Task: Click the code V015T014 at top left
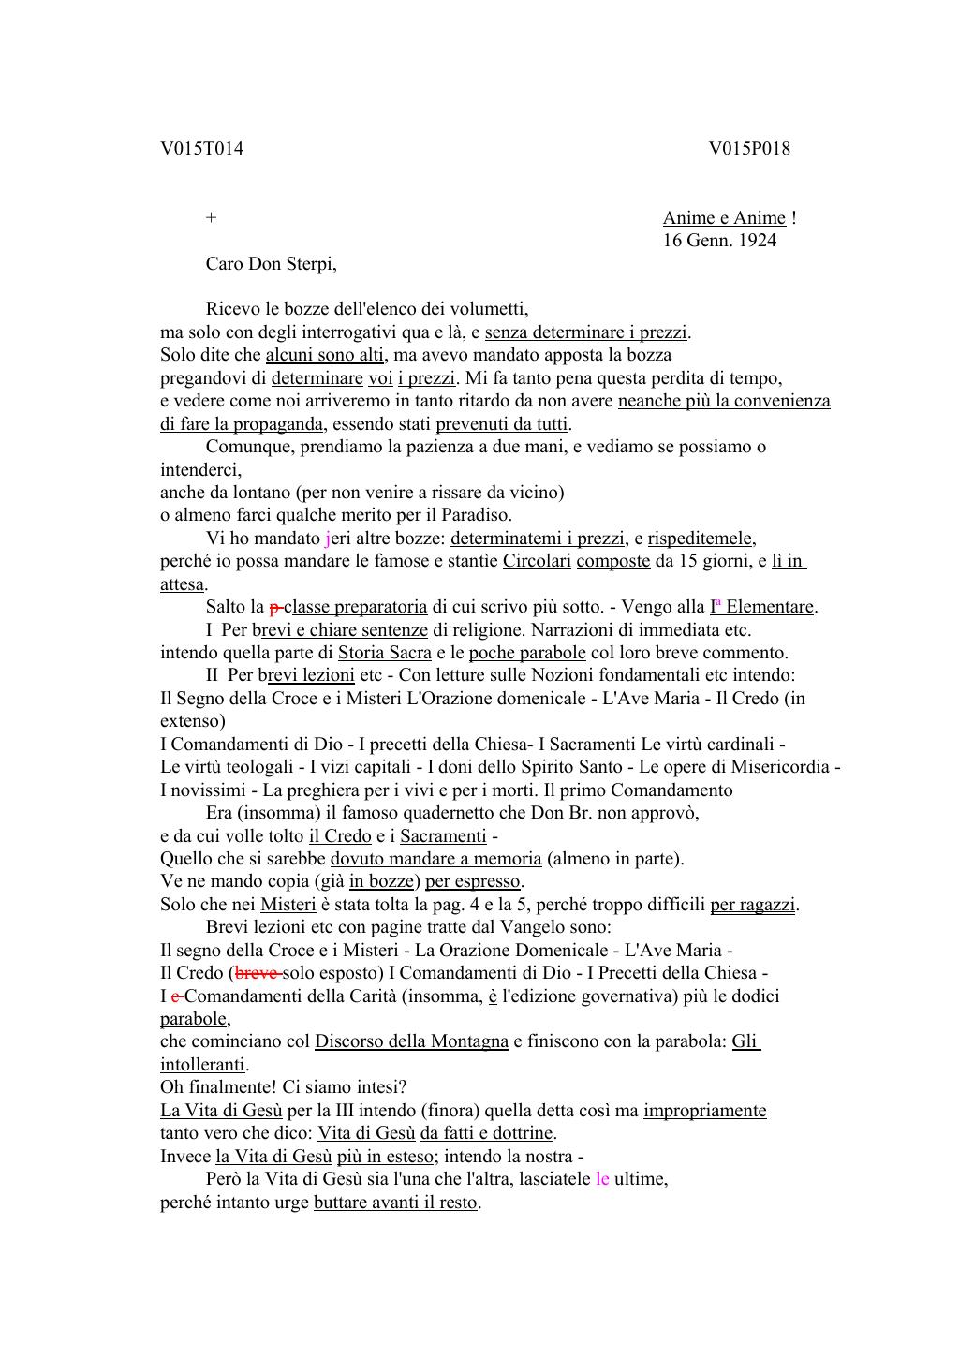coord(201,149)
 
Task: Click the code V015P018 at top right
coord(749,149)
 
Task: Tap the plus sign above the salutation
coord(212,218)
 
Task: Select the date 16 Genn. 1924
coord(719,241)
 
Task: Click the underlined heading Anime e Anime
coord(724,218)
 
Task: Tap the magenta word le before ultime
coord(602,1179)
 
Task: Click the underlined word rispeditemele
coord(701,539)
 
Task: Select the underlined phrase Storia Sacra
coord(385,653)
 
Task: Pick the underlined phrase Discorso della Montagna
coord(411,1041)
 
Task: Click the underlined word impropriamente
coord(704,1111)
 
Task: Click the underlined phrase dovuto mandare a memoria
coord(435,859)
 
